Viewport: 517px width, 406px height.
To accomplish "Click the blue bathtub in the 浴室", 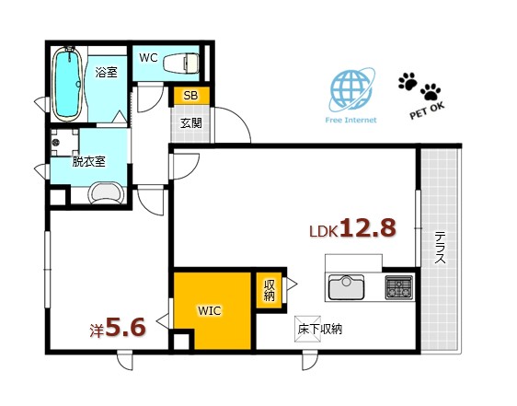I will (68, 84).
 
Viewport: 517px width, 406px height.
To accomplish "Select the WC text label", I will (148, 57).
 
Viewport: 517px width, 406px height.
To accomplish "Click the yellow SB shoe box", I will (190, 95).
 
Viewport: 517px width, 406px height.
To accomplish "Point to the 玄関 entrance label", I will (190, 122).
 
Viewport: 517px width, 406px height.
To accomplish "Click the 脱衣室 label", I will (89, 160).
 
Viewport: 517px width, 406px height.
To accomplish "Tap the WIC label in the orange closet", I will (209, 310).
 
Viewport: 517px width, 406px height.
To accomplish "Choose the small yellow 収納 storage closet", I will (269, 290).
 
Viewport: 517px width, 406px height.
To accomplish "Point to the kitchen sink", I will (348, 287).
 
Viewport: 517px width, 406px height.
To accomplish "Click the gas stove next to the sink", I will (398, 286).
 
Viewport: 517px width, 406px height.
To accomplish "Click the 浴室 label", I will (106, 71).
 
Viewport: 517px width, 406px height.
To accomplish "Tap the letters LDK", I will (323, 232).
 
